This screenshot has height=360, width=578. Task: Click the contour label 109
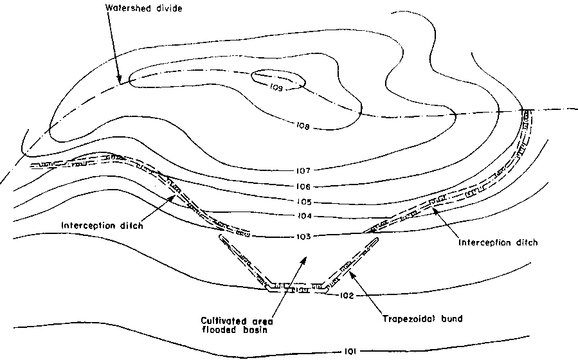(276, 87)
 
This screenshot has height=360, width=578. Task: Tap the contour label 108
(303, 127)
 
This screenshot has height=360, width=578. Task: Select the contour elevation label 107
(303, 170)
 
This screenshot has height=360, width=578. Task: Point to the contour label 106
(303, 186)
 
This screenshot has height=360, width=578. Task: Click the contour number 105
(303, 202)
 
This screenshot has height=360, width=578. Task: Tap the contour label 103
(303, 237)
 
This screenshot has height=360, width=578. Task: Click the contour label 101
(350, 352)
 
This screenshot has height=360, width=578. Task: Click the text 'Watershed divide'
(144, 8)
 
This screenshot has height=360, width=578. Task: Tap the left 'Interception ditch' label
(102, 225)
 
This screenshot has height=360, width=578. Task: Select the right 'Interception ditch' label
(498, 242)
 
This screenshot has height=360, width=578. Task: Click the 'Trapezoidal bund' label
(422, 318)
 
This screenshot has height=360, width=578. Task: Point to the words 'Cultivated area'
(237, 321)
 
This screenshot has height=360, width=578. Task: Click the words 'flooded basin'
(235, 330)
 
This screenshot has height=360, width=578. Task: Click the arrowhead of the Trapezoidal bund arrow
(352, 274)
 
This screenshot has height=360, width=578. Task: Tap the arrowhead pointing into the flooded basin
(304, 260)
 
